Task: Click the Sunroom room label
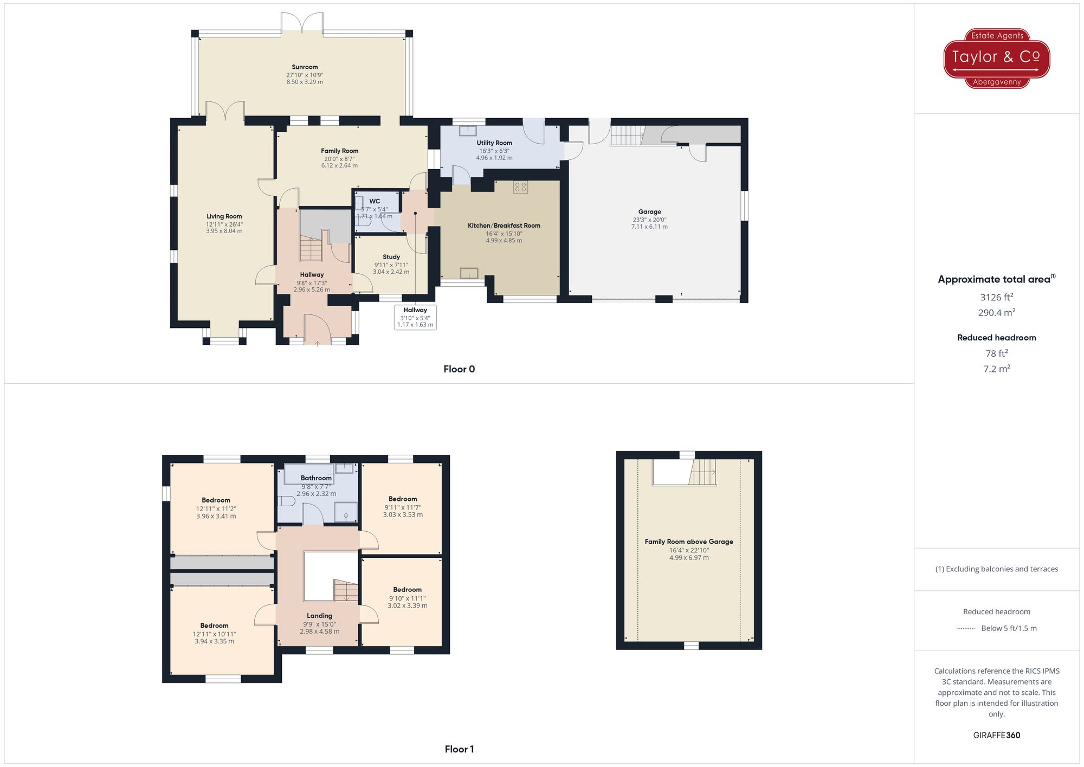(305, 67)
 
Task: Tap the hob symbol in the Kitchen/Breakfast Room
(520, 187)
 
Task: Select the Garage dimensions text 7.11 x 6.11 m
(649, 227)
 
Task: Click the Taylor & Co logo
(996, 58)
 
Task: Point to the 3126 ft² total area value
(996, 297)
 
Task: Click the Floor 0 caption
(459, 369)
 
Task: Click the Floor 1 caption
(459, 749)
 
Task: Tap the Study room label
(391, 257)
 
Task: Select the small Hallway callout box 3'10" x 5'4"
(415, 317)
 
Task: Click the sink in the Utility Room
(468, 131)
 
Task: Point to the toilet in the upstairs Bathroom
(286, 501)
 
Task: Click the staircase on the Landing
(346, 590)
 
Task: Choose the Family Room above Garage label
(689, 542)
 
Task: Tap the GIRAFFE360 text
(996, 736)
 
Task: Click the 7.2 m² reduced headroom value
(996, 369)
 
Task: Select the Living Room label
(224, 216)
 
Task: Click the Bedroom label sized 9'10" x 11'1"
(408, 590)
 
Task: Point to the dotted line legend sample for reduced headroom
(966, 629)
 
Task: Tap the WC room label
(375, 201)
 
